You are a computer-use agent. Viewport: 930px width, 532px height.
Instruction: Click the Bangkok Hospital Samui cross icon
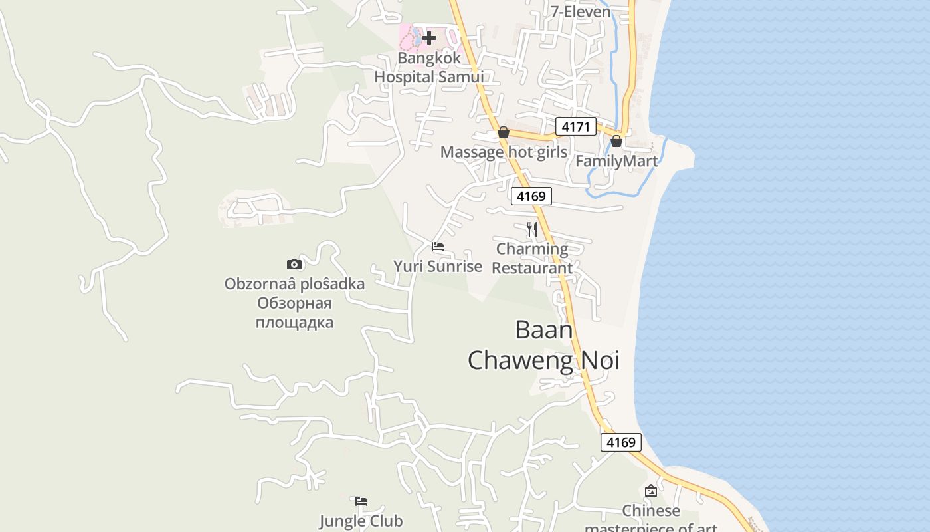pos(429,38)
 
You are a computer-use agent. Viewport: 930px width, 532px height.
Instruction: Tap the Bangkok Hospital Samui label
pos(428,68)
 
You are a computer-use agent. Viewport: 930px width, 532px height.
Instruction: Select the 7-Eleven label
pos(581,11)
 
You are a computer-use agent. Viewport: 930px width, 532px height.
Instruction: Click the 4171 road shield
pos(575,126)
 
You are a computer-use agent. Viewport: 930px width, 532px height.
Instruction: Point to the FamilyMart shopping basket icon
pos(616,141)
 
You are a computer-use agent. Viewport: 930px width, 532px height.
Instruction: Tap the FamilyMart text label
pos(616,161)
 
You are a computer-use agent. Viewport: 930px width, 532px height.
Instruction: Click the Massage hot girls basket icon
pos(504,133)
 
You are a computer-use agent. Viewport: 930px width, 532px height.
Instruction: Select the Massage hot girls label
pos(504,152)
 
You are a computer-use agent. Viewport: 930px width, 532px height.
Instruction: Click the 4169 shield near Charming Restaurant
pos(531,196)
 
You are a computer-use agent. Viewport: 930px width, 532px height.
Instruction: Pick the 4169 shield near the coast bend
pos(621,442)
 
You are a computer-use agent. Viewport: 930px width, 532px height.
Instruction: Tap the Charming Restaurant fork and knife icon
pos(531,229)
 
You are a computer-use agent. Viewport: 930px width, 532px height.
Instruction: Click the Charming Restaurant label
pos(532,259)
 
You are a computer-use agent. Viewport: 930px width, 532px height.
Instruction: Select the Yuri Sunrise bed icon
pos(438,247)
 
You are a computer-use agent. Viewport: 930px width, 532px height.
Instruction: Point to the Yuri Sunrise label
pos(438,267)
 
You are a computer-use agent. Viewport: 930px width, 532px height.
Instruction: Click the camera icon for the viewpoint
pos(294,264)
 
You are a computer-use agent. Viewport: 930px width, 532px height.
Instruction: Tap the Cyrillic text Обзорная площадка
pos(295,313)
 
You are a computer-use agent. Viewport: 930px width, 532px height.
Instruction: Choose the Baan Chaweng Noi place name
pos(543,345)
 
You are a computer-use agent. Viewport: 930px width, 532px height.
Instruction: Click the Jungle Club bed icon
pos(361,501)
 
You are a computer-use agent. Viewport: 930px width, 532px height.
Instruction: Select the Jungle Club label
pos(361,521)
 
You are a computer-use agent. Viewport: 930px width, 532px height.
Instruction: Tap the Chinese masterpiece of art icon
pos(651,491)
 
